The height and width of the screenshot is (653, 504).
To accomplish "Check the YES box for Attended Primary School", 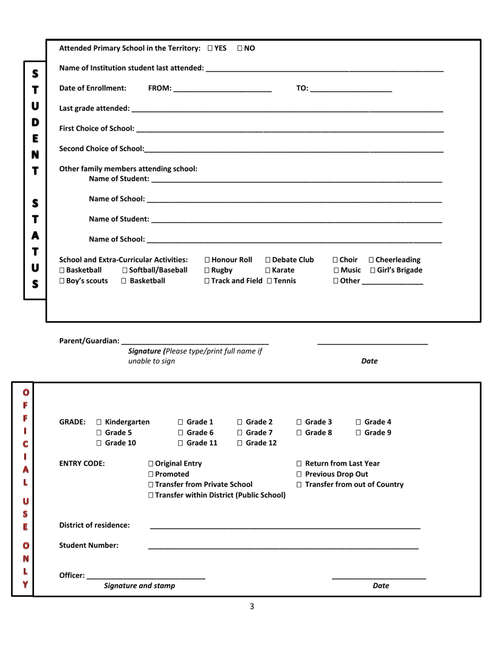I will coord(211,48).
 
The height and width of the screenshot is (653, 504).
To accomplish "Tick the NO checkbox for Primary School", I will coord(240,48).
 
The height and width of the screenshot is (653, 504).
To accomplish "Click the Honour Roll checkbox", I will coord(207,260).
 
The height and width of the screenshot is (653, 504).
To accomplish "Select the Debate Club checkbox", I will coord(268,260).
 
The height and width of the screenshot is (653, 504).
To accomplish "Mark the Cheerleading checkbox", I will coord(371,260).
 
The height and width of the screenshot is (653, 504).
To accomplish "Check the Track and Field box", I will coord(207,281).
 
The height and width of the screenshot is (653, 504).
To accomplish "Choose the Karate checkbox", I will coord(268,271).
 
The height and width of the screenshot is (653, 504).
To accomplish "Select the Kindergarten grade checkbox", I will coord(99,423).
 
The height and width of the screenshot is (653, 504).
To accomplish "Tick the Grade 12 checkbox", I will coord(240,443).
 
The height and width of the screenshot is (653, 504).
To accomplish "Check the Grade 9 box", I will coord(358,433).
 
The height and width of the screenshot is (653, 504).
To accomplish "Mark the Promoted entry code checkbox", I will coord(152,474).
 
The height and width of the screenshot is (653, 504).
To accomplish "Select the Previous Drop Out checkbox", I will coord(299,474).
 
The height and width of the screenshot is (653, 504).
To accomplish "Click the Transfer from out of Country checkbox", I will coord(299,485).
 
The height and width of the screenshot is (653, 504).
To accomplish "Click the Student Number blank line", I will coord(283,546).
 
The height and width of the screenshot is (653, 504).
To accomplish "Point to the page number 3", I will coord(252,606).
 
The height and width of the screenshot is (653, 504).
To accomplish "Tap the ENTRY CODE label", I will coord(82,463).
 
